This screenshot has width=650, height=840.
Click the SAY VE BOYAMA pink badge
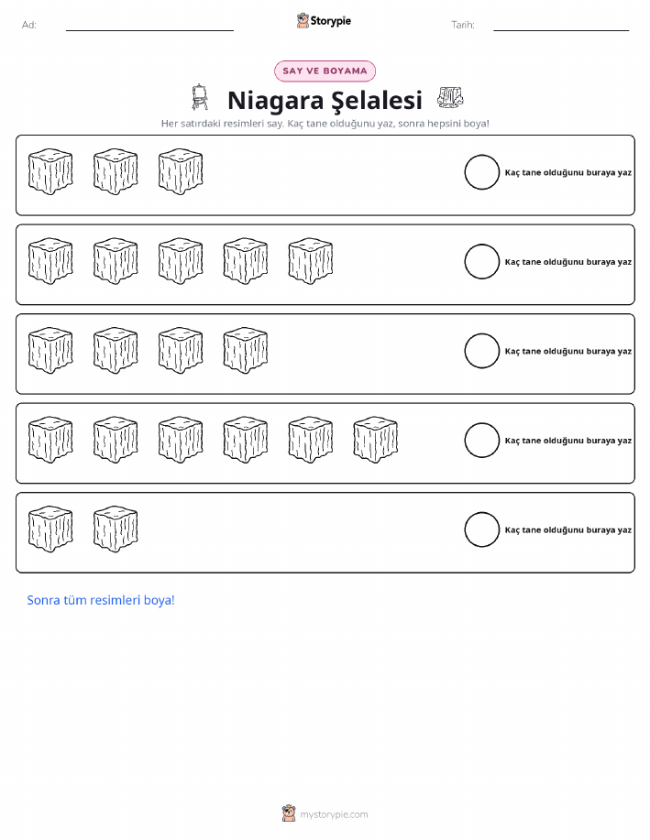(325, 71)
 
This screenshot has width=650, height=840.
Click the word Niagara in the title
(276, 101)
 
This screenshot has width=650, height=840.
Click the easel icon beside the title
(200, 97)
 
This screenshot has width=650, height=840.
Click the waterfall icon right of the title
(450, 97)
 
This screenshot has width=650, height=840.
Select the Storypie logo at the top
(324, 21)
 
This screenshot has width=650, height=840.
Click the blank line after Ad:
(149, 30)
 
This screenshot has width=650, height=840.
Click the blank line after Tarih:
(561, 30)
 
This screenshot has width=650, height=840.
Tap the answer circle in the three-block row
(481, 172)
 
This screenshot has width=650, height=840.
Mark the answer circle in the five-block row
(481, 261)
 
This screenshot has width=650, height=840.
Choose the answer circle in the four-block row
(481, 351)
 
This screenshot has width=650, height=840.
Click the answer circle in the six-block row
(481, 441)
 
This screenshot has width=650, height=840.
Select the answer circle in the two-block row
(481, 529)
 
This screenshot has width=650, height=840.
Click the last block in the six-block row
(375, 440)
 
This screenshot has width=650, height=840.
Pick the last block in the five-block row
(311, 261)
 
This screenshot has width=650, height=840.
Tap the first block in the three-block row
(50, 171)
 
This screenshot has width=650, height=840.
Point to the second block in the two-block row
(116, 529)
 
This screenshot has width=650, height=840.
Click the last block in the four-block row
(246, 350)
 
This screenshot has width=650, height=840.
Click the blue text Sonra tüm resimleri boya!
(101, 600)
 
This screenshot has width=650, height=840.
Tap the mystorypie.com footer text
(334, 814)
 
